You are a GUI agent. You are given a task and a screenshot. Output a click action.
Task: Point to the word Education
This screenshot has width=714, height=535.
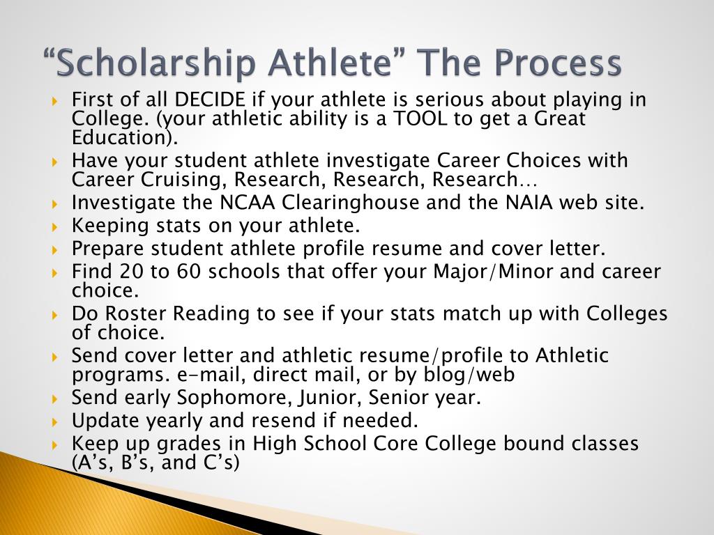121,137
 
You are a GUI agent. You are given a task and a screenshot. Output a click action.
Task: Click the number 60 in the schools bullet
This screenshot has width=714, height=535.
189,272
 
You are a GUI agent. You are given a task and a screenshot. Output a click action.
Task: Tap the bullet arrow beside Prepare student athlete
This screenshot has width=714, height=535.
55,249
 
